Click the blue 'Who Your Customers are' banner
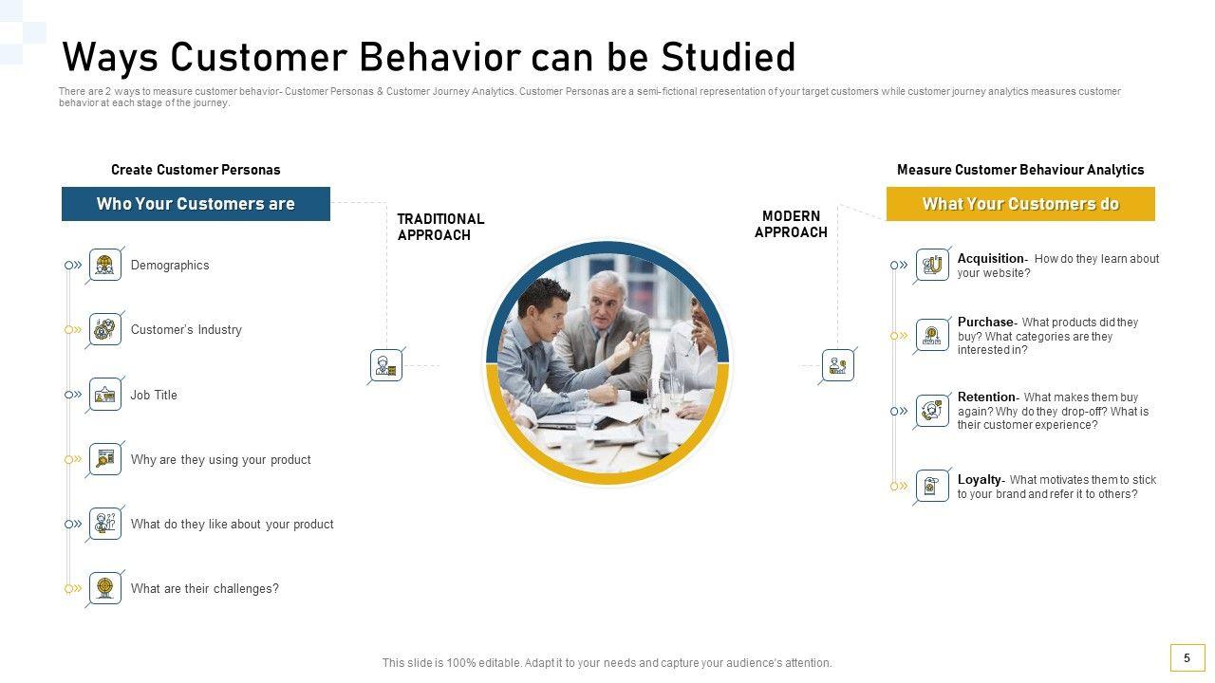coord(196,204)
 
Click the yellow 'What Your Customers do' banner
coord(1020,204)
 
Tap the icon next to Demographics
coord(105,265)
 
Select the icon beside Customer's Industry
coord(105,329)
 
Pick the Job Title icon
coord(105,394)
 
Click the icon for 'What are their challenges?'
coord(105,588)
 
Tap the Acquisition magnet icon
coord(932,265)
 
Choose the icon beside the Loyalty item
coord(932,486)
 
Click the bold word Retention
coord(986,397)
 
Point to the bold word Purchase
coord(985,322)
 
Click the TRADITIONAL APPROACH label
coord(440,227)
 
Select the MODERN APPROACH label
coord(791,225)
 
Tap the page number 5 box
coord(1187,658)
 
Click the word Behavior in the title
coord(439,57)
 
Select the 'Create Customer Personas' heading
coord(196,170)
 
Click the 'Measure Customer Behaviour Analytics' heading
coord(1020,170)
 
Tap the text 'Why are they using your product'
coord(221,460)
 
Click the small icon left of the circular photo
coord(386,365)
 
